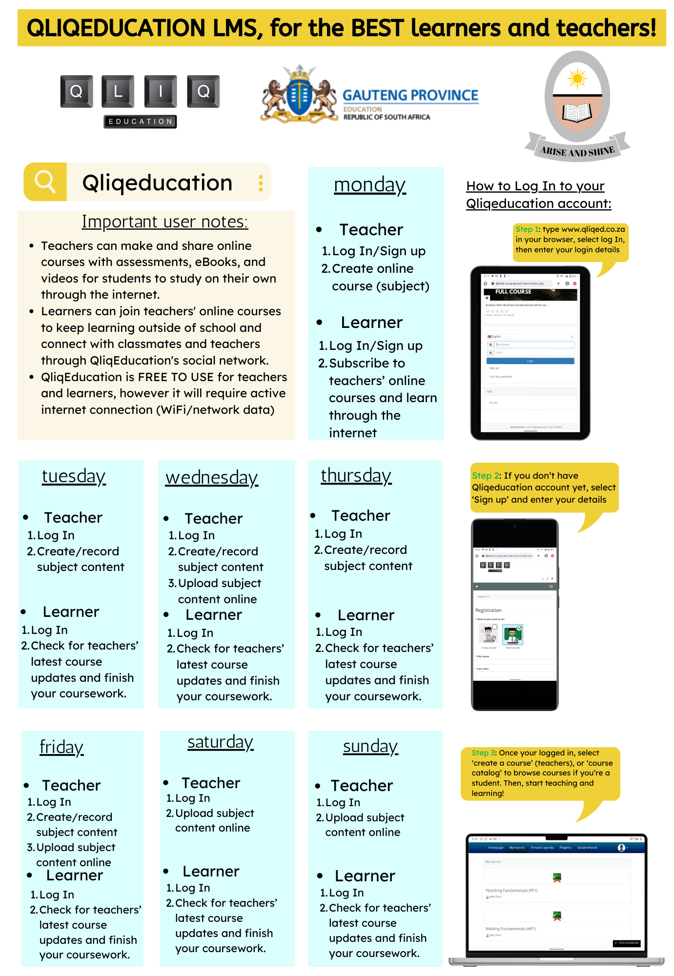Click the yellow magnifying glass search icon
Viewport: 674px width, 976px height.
click(x=45, y=182)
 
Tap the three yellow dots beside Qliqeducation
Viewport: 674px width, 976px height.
click(x=261, y=183)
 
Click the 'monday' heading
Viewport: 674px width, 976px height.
click(x=369, y=185)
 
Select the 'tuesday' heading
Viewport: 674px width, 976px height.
click(x=74, y=476)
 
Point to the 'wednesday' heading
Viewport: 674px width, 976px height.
click(x=211, y=478)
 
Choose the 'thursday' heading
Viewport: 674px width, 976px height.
click(x=356, y=476)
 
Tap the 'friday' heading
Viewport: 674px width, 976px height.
click(x=61, y=747)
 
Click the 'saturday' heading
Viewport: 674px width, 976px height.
click(x=220, y=742)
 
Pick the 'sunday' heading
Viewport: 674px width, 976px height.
click(x=370, y=747)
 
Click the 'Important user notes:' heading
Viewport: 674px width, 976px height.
click(x=164, y=222)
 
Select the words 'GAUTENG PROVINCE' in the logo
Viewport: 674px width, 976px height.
click(x=410, y=95)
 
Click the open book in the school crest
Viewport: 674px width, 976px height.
click(x=577, y=113)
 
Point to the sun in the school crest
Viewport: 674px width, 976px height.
click(x=577, y=79)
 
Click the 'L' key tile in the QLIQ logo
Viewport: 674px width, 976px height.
click(x=118, y=91)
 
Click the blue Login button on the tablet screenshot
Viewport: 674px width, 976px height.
click(x=530, y=361)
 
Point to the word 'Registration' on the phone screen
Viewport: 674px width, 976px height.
click(x=488, y=610)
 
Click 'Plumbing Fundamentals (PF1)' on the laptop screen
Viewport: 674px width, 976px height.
click(x=511, y=891)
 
